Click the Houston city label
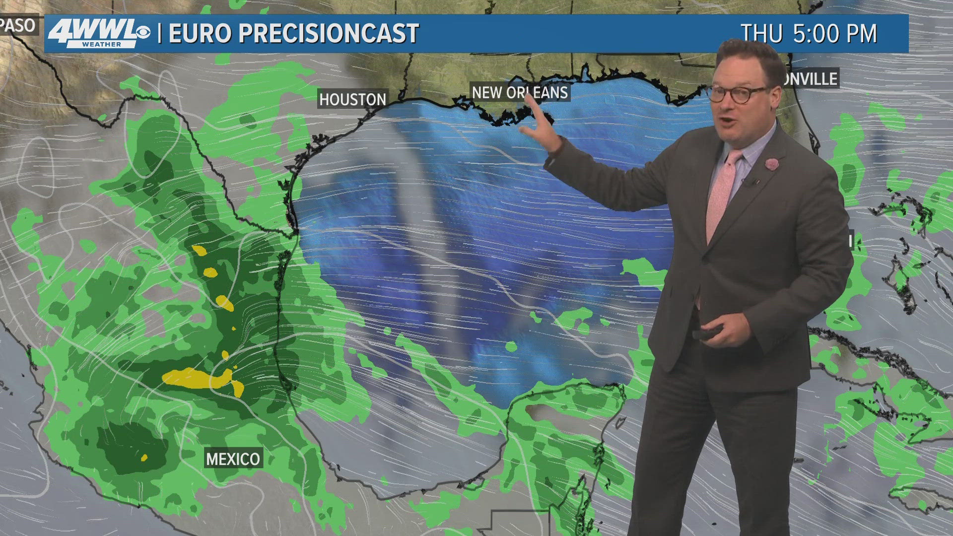352,99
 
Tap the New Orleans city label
520,92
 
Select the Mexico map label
233,459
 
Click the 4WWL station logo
92,33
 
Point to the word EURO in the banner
200,33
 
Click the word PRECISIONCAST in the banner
329,33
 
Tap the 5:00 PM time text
835,34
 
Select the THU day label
761,34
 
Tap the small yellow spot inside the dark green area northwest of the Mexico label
144,457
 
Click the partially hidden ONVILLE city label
811,78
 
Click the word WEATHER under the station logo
102,44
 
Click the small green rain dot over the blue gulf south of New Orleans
511,347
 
